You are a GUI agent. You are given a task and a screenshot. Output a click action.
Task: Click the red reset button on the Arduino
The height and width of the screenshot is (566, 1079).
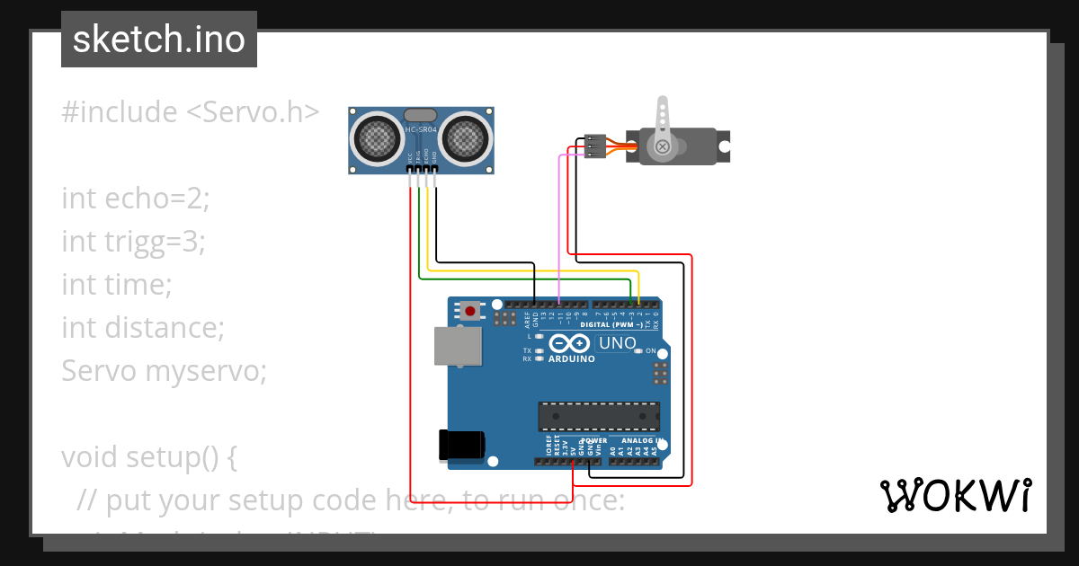coord(469,312)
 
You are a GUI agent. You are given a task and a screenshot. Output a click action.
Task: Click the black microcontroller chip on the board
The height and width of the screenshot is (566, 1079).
coord(598,417)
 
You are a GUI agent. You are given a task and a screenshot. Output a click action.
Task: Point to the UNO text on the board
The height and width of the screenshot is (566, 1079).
coord(618,343)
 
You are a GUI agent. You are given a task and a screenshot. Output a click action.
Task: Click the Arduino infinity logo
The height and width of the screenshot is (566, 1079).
coord(569,343)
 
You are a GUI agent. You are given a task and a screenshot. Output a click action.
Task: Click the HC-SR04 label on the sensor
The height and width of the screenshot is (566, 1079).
coord(421,130)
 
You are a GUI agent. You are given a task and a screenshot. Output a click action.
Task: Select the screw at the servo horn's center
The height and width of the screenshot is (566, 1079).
coord(663,146)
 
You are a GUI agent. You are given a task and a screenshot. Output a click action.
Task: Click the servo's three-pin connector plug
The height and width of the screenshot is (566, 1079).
coord(594,146)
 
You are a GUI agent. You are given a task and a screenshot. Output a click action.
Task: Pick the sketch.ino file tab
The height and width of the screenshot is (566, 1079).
coord(159,40)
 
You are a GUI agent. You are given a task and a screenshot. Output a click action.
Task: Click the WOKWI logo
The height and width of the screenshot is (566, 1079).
coord(955,495)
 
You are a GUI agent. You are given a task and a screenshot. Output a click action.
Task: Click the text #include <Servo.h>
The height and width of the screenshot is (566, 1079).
coord(190,112)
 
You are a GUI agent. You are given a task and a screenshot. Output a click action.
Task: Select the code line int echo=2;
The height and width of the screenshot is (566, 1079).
coord(135,199)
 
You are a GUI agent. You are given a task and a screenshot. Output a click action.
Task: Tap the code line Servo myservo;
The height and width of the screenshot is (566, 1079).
coord(164,370)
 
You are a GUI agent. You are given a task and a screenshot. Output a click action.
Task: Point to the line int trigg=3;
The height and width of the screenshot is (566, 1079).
coord(133,242)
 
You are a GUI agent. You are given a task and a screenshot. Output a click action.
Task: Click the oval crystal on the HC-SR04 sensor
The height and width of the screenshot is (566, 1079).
coord(421,115)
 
